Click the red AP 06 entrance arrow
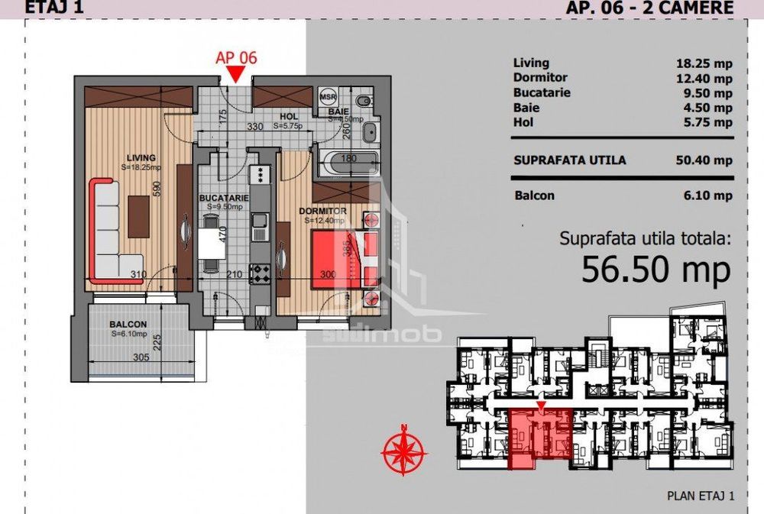236,74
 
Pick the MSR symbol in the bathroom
328,97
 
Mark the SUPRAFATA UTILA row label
569,160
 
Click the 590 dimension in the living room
157,189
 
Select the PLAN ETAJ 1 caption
700,496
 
